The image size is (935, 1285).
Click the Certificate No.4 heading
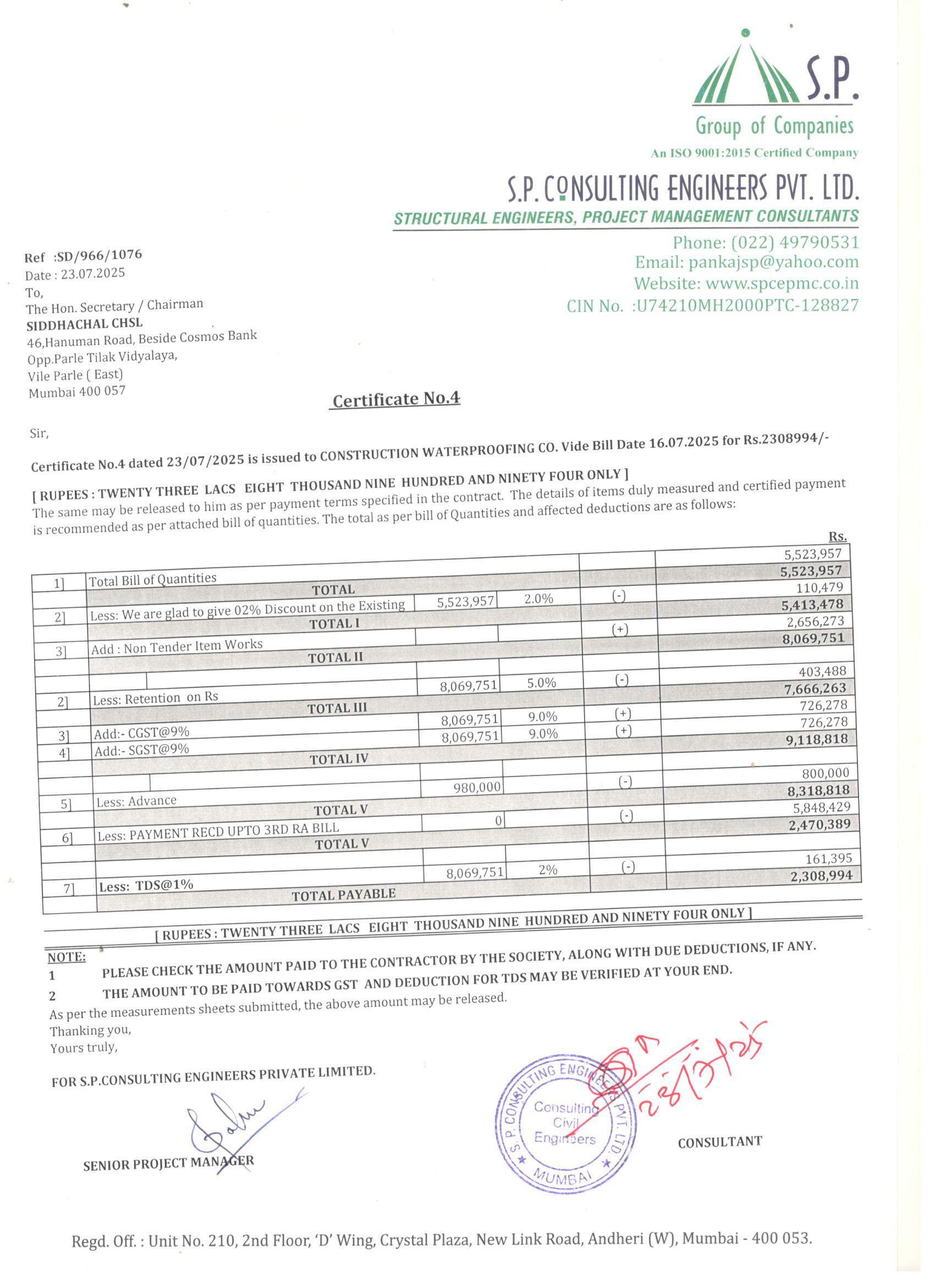[x=396, y=400]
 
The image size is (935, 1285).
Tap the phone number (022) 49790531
[x=795, y=242]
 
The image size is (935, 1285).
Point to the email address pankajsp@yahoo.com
[x=773, y=262]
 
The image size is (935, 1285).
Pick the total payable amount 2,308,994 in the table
[x=821, y=876]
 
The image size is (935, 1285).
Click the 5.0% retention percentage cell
[x=541, y=683]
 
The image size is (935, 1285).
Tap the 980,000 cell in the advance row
[x=477, y=787]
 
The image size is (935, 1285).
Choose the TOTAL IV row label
[x=338, y=759]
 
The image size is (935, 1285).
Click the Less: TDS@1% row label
[x=146, y=885]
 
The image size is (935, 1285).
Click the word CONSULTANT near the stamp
[x=719, y=1142]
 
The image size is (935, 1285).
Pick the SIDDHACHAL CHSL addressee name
[x=85, y=324]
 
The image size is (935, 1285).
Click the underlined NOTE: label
[x=67, y=957]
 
